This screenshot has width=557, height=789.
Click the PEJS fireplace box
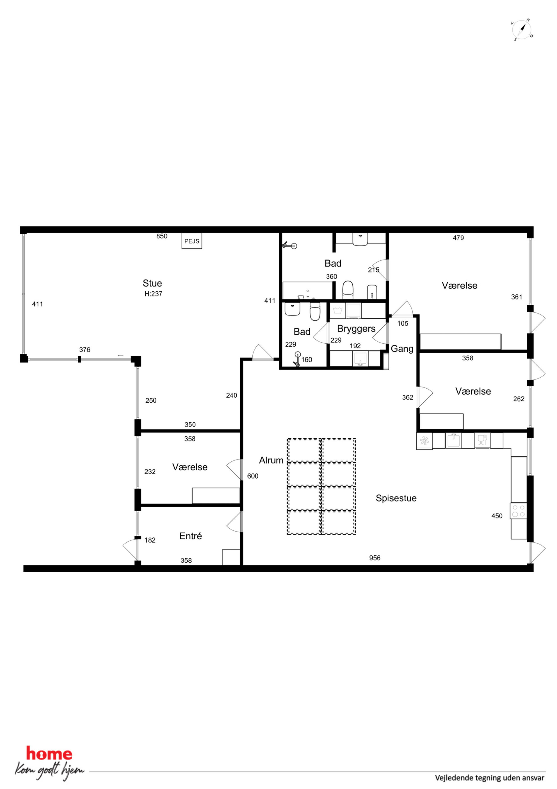191,241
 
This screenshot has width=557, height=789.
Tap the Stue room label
152,283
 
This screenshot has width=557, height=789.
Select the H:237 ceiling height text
153,294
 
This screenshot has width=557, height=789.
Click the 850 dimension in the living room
162,236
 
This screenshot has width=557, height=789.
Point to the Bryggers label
356,329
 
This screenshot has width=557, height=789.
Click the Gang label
402,349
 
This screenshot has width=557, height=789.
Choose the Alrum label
271,460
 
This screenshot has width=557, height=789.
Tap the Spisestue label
396,498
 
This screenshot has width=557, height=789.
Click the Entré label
190,536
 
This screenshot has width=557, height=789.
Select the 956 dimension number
375,558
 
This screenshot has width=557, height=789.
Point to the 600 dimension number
253,476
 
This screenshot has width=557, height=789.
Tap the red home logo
49,754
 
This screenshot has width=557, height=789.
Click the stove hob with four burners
519,511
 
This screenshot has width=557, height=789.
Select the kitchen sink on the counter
453,441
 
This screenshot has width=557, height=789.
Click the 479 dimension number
458,238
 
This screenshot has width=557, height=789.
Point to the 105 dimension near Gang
403,323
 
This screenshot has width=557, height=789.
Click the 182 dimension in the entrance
150,540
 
